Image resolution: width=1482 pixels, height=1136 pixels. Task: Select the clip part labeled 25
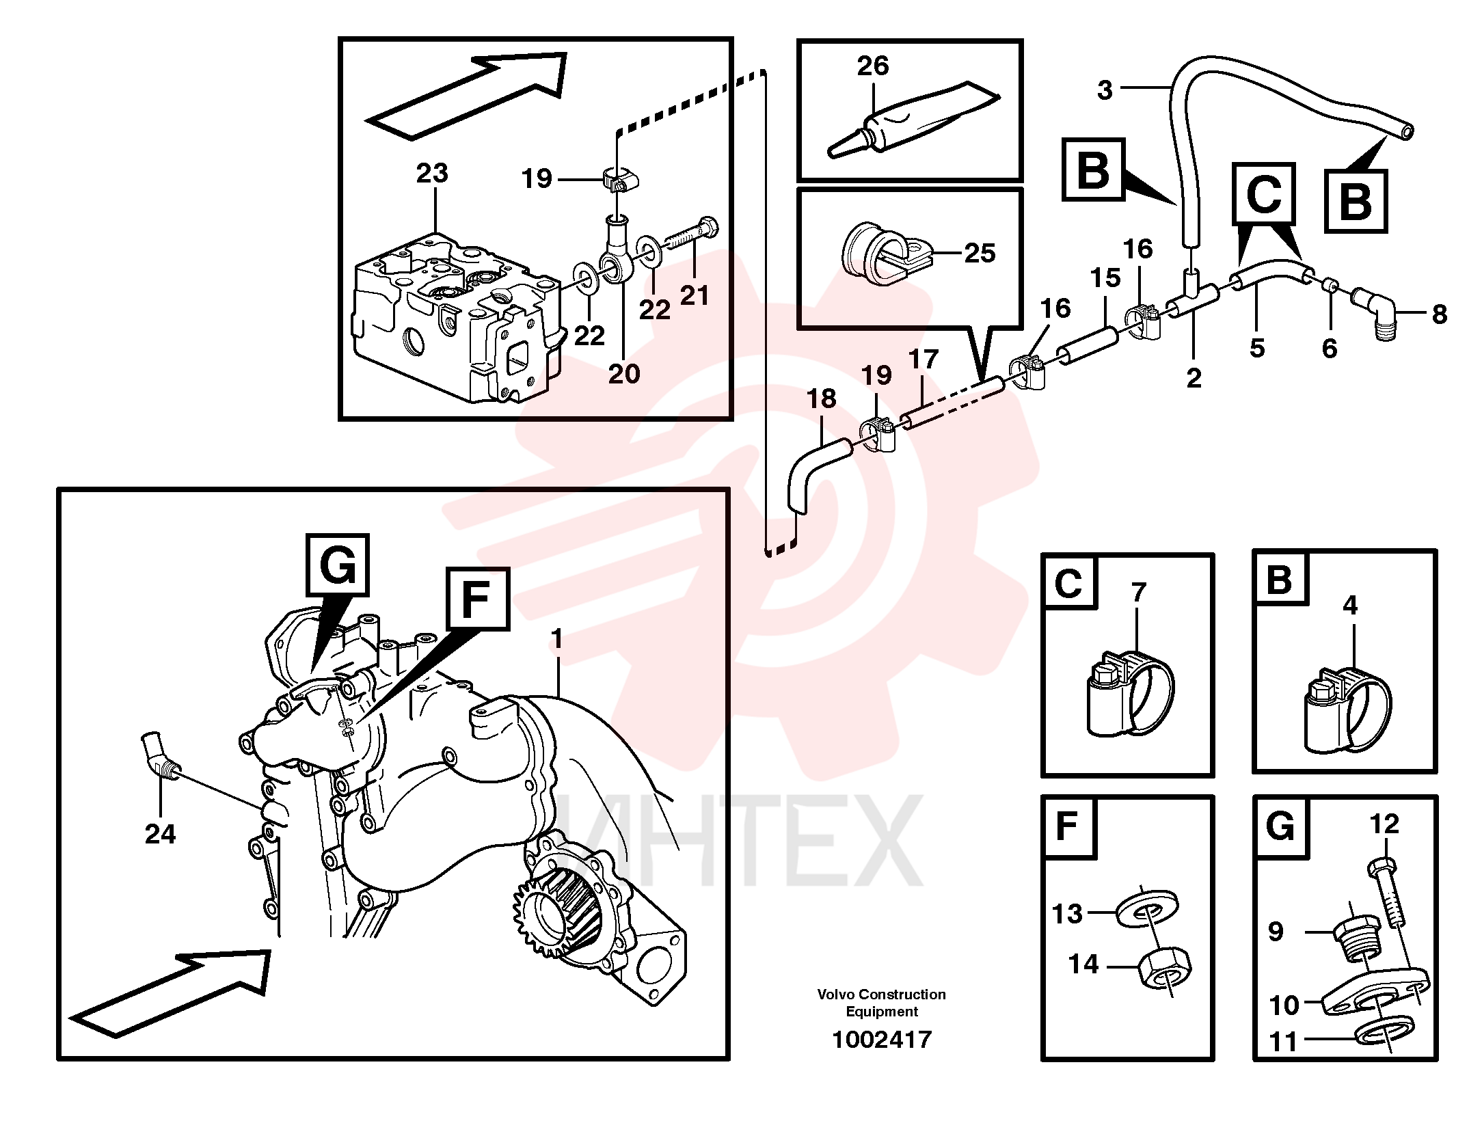[886, 253]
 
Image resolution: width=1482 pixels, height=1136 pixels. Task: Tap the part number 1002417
[881, 1040]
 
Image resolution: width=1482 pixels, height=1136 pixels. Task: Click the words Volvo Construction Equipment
[881, 1002]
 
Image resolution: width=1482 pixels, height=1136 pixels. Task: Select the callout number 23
[432, 173]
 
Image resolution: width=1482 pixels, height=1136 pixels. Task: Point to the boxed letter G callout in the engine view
[338, 565]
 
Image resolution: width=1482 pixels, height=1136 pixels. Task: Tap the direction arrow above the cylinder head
[468, 97]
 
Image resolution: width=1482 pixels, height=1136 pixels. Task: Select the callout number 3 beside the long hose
[1105, 90]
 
